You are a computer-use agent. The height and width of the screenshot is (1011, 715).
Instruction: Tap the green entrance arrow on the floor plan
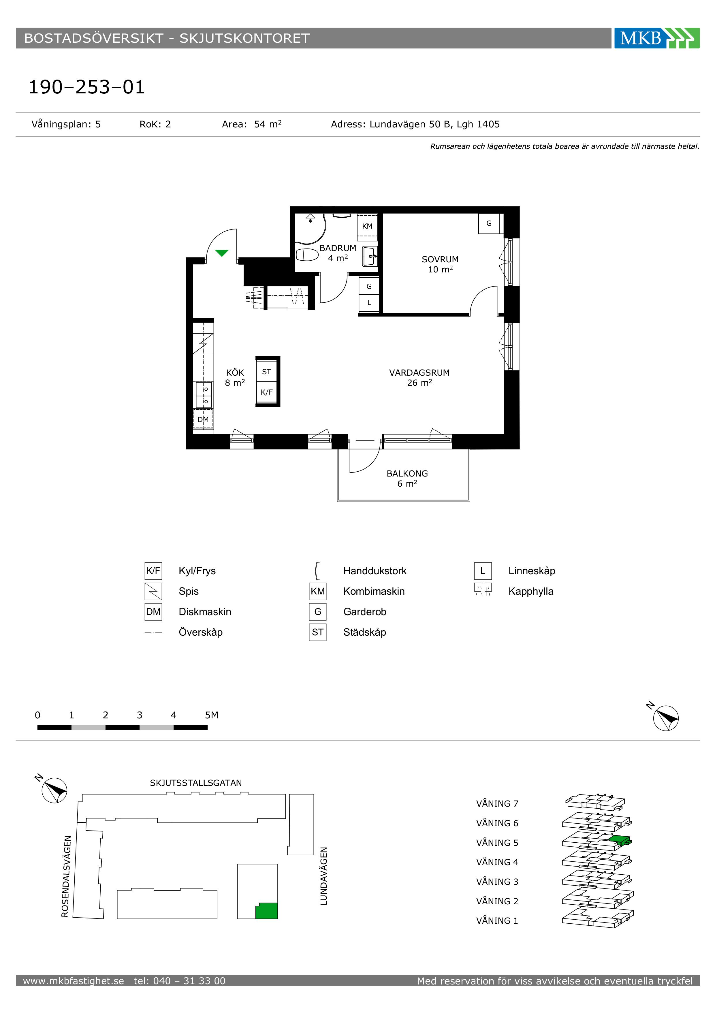click(222, 253)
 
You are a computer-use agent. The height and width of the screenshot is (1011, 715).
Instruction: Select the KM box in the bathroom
click(367, 226)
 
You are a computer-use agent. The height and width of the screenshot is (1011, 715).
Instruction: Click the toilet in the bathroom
click(307, 255)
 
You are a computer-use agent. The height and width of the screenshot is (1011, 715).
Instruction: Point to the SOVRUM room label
click(440, 259)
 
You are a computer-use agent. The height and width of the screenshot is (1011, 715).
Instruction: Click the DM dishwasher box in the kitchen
click(203, 419)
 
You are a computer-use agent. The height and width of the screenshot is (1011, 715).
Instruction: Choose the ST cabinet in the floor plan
click(266, 372)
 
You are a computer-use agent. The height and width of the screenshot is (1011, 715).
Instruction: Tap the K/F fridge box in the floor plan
click(266, 392)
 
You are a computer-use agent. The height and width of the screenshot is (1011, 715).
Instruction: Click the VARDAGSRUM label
click(419, 372)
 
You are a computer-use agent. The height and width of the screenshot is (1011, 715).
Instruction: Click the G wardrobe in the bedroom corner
click(489, 223)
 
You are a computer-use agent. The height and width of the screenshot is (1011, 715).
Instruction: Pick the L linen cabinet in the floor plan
click(369, 302)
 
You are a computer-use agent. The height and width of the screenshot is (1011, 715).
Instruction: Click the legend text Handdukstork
click(375, 571)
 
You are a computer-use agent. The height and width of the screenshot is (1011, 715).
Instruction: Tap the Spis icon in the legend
click(153, 591)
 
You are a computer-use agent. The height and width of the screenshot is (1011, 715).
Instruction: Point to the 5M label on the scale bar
click(211, 715)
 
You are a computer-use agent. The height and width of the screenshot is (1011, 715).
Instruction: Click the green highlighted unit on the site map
click(267, 911)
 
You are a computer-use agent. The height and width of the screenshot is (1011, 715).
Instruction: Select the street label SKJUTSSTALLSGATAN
click(196, 783)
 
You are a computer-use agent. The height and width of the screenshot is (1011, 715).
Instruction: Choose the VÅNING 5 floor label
click(497, 843)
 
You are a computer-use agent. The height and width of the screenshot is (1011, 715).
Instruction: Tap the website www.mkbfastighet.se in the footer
click(74, 981)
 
